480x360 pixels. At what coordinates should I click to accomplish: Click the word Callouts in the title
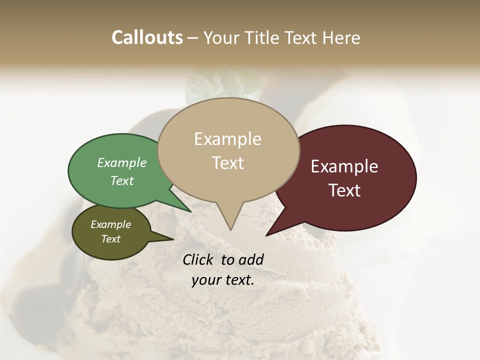[147, 37]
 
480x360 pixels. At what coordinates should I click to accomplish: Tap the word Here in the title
[341, 37]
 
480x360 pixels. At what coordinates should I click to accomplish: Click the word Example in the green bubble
[122, 162]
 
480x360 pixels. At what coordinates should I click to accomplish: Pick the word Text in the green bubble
[122, 180]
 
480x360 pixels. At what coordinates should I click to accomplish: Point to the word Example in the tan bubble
[227, 139]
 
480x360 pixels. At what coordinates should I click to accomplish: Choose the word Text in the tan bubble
[228, 163]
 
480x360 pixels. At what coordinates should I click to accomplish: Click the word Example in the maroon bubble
[344, 166]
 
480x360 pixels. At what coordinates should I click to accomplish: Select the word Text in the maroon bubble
[345, 190]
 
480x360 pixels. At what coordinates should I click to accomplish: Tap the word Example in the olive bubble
[111, 224]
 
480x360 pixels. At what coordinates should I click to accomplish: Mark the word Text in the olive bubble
[111, 239]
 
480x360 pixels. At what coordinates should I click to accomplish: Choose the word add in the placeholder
[251, 259]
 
